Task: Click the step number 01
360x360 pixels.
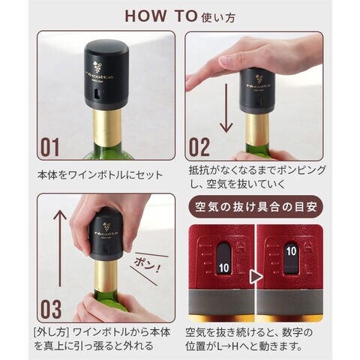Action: tap(50, 147)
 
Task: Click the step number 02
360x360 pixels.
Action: tap(199, 147)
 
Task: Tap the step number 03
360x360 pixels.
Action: tap(51, 309)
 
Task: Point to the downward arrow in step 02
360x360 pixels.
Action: tap(226, 108)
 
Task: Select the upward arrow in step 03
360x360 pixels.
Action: tap(60, 248)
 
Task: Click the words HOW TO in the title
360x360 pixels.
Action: tap(161, 16)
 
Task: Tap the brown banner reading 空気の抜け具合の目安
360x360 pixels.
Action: tap(256, 207)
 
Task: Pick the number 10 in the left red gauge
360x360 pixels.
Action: tap(223, 268)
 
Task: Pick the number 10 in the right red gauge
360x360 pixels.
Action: tap(292, 251)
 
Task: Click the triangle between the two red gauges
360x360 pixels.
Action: tap(256, 277)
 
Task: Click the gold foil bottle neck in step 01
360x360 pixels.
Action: tap(107, 127)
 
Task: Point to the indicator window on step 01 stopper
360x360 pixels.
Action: tap(97, 94)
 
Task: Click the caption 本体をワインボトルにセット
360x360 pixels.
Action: tap(100, 175)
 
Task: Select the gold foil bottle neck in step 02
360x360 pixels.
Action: tap(257, 129)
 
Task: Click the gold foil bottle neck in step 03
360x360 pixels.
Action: tap(106, 275)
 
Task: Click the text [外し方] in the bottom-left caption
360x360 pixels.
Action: tap(51, 332)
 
